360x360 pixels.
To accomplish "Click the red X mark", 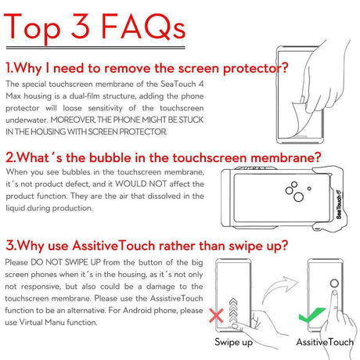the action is pos(216,315).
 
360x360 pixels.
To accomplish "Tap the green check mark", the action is pos(311,315).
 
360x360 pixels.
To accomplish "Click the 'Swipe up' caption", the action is pos(233,342).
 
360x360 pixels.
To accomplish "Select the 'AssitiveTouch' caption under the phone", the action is pos(325,342).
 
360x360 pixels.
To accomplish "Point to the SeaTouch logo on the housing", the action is pos(339,204).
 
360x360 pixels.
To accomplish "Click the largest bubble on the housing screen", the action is pos(298,196).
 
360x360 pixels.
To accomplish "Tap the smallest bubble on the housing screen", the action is pos(309,189).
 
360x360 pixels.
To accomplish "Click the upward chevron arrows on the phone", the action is pos(233,311).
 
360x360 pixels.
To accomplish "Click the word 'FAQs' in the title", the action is pos(143,27).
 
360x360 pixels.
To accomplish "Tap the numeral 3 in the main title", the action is pos(81,26).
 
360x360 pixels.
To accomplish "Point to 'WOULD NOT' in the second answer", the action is pos(141,184).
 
